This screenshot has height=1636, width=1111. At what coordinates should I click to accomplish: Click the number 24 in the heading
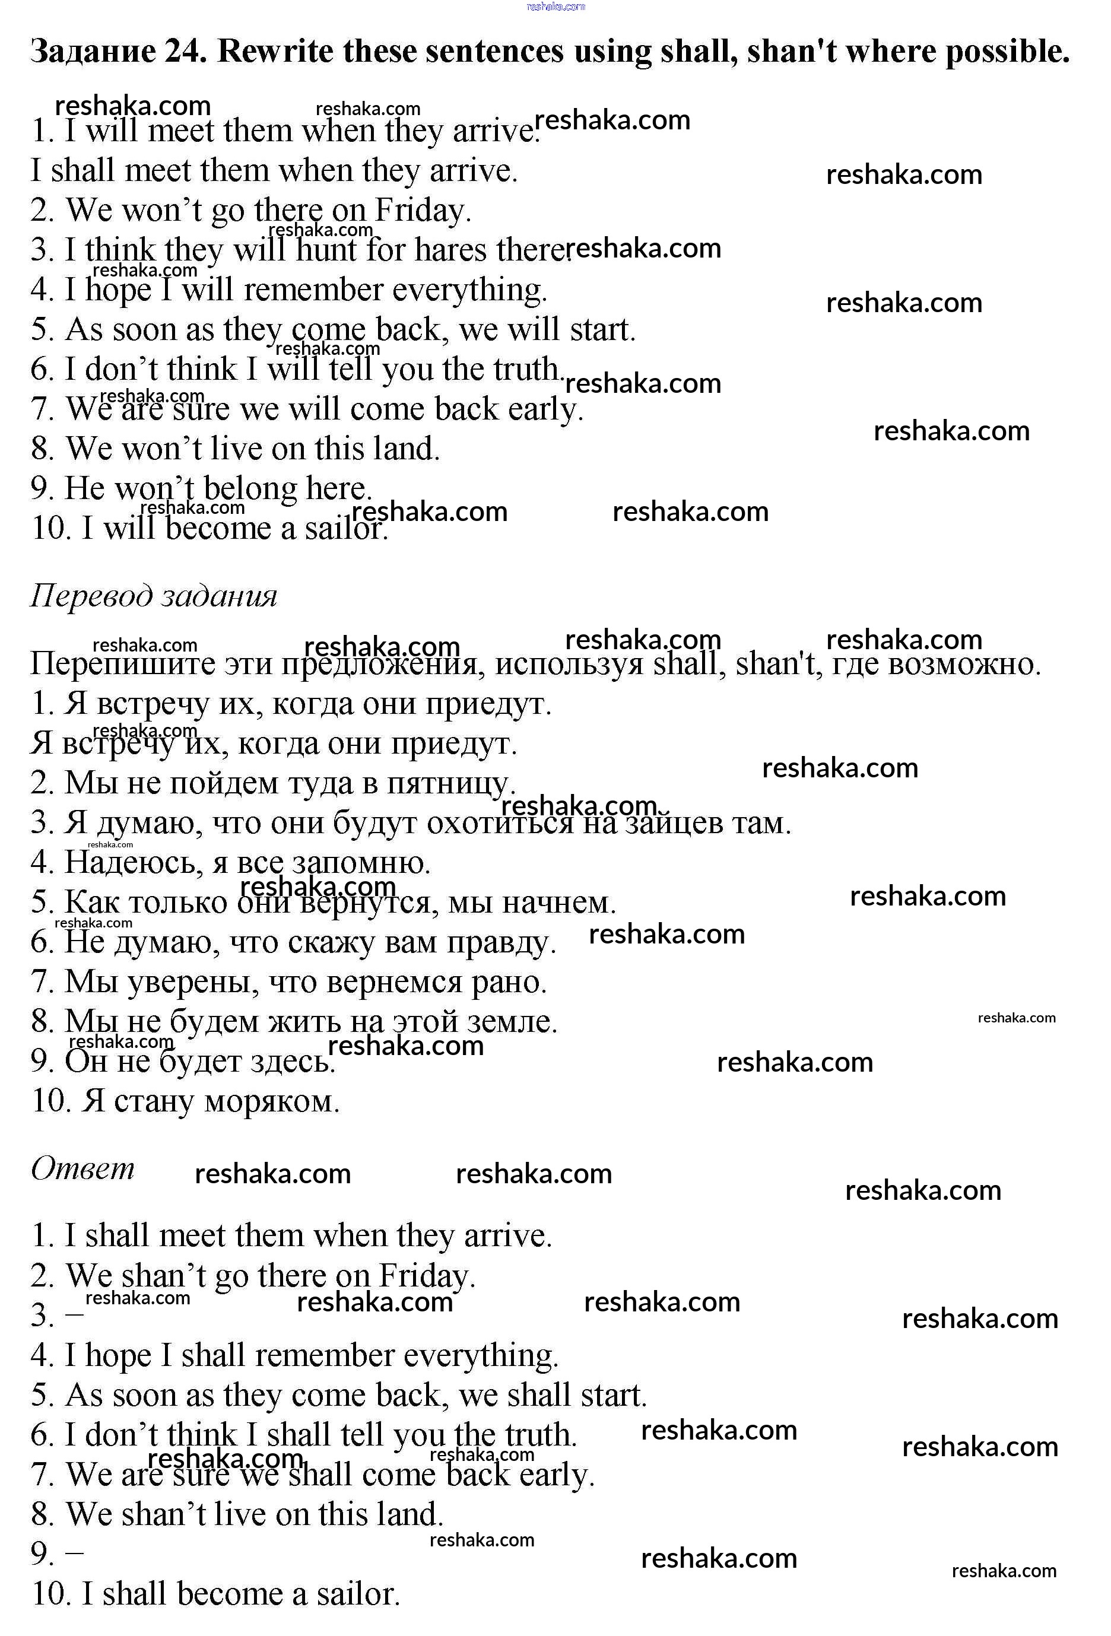pyautogui.click(x=185, y=52)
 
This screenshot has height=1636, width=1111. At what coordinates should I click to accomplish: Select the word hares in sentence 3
pyautogui.click(x=450, y=250)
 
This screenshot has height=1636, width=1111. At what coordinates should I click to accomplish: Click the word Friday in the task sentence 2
pyautogui.click(x=420, y=211)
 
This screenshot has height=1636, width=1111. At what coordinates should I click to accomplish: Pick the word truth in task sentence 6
pyautogui.click(x=525, y=369)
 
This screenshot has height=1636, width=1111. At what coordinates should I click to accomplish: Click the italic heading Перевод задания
pyautogui.click(x=154, y=596)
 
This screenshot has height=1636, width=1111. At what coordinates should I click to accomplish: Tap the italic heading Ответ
pyautogui.click(x=82, y=1168)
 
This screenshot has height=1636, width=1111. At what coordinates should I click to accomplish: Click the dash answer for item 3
pyautogui.click(x=74, y=1314)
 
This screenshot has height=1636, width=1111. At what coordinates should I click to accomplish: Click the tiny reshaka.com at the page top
pyautogui.click(x=555, y=7)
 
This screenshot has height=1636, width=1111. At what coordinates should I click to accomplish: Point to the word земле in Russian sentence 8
pyautogui.click(x=517, y=1021)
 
